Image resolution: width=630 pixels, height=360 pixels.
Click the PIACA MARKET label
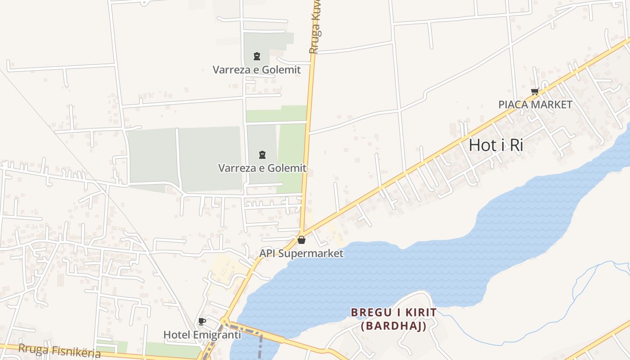[x=535, y=105]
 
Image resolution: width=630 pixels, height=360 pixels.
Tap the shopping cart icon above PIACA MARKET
[x=535, y=92]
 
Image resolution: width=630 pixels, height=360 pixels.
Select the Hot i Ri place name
[x=496, y=145]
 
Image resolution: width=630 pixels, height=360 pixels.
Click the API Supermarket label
[x=301, y=253]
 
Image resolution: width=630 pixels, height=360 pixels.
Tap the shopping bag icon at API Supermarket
[x=301, y=240]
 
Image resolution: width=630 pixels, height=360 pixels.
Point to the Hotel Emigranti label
[x=202, y=335]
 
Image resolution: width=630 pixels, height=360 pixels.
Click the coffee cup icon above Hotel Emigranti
[x=202, y=321]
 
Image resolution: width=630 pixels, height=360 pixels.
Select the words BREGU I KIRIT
[x=393, y=312]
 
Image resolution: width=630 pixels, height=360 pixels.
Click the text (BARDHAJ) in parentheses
[x=393, y=326]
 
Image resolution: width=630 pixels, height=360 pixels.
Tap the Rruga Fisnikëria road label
[x=59, y=351]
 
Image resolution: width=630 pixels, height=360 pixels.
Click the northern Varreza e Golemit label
[x=256, y=70]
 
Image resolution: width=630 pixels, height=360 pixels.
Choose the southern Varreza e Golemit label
[x=262, y=168]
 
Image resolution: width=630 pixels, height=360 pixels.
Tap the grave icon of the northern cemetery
[x=256, y=56]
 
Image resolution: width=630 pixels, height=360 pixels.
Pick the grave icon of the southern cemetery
[x=262, y=155]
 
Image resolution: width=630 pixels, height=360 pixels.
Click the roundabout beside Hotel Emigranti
[x=224, y=322]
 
